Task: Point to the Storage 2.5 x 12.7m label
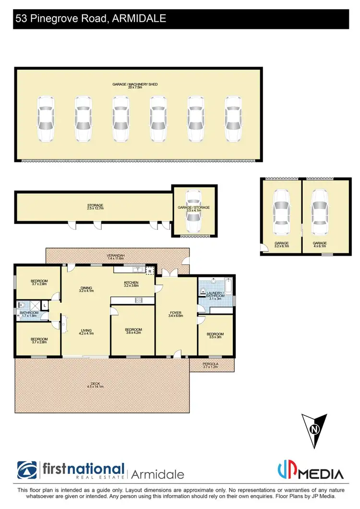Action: (x=95, y=207)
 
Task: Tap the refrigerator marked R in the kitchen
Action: (x=150, y=271)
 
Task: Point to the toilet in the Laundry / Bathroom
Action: (x=203, y=291)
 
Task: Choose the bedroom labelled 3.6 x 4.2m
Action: (x=133, y=331)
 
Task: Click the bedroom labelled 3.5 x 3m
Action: (x=215, y=336)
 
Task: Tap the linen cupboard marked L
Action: (x=44, y=305)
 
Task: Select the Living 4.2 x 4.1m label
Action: (x=87, y=332)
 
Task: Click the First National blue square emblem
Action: (x=28, y=470)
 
